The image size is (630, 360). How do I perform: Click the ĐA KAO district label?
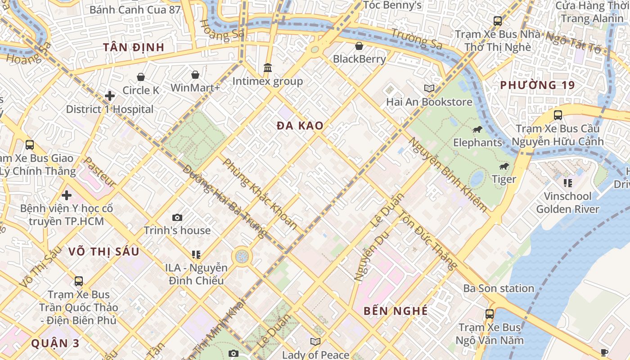pyautogui.click(x=300, y=126)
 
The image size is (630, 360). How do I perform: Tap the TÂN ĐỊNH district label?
pyautogui.click(x=134, y=47)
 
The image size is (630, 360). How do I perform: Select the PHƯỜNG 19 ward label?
pyautogui.click(x=537, y=85)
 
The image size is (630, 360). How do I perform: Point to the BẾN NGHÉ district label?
pyautogui.click(x=396, y=311)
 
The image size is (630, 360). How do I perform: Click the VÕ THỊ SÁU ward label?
pyautogui.click(x=104, y=252)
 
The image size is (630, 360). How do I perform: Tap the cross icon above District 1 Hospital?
pyautogui.click(x=109, y=96)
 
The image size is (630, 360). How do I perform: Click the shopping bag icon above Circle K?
pyautogui.click(x=141, y=77)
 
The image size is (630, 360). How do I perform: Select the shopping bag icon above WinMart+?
pyautogui.click(x=195, y=74)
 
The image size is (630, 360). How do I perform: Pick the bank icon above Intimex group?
pyautogui.click(x=268, y=68)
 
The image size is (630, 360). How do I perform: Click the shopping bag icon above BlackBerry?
pyautogui.click(x=359, y=45)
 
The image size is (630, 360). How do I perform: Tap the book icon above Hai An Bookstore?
pyautogui.click(x=429, y=89)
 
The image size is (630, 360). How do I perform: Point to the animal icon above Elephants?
pyautogui.click(x=477, y=130)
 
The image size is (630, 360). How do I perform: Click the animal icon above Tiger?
pyautogui.click(x=504, y=166)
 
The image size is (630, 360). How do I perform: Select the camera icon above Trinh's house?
pyautogui.click(x=177, y=217)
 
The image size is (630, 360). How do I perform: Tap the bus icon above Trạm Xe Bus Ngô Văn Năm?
pyautogui.click(x=489, y=314)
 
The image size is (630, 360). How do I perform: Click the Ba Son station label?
pyautogui.click(x=499, y=288)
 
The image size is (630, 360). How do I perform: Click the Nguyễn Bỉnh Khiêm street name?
pyautogui.click(x=447, y=175)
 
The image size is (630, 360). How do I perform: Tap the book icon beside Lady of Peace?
pyautogui.click(x=315, y=342)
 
